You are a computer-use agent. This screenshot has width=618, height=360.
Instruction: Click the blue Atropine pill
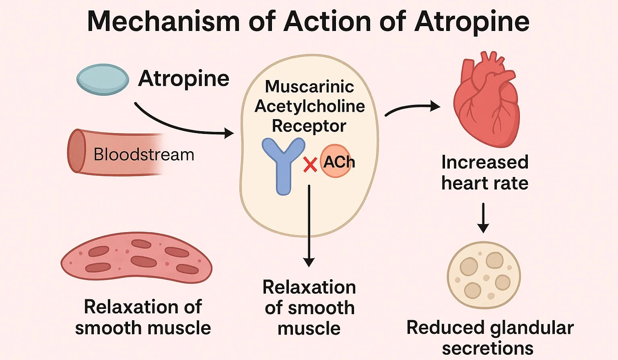click(x=103, y=79)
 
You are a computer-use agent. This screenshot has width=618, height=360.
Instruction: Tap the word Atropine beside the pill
click(x=184, y=79)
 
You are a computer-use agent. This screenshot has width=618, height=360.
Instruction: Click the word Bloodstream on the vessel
click(x=144, y=155)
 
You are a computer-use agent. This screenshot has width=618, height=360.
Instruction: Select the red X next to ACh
click(x=310, y=165)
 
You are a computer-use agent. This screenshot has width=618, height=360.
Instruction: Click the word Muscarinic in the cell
click(x=309, y=86)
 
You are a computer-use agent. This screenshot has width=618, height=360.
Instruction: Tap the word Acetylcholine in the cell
click(x=310, y=106)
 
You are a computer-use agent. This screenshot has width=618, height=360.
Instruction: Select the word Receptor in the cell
click(x=309, y=126)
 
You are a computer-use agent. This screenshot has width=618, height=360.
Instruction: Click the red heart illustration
click(x=486, y=101)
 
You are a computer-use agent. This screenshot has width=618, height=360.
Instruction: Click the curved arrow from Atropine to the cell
click(x=181, y=125)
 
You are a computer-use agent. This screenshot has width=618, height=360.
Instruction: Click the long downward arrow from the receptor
click(x=309, y=225)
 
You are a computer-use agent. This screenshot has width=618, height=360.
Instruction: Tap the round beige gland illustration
click(x=484, y=275)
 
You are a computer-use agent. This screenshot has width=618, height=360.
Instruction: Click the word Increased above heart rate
click(x=485, y=163)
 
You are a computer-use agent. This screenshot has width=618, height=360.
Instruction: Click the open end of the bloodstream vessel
click(x=76, y=151)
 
